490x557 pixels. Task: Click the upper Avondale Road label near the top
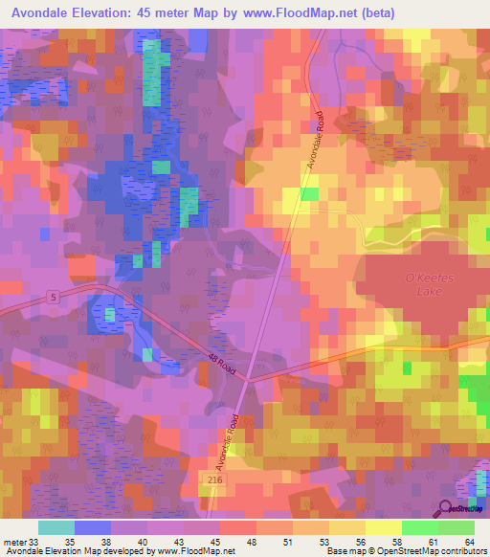point(317,141)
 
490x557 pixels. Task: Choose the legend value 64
point(470,541)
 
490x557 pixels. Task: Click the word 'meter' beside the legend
point(14,541)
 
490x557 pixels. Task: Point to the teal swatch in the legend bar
point(56,527)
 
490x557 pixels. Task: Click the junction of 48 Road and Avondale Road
point(248,378)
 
